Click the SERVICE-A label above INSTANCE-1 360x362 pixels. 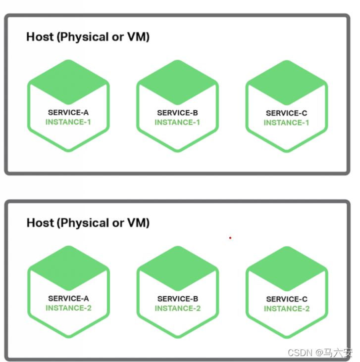point(68,112)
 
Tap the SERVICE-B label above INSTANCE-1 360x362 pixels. point(177,112)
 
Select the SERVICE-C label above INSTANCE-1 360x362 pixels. point(286,113)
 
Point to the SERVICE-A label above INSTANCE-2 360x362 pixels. point(68,298)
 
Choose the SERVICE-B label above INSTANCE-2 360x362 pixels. point(177,299)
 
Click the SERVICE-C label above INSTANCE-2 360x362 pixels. point(287,299)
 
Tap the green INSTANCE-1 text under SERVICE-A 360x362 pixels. point(68,122)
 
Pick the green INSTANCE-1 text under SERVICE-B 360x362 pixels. point(177,122)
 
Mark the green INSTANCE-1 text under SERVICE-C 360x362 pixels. point(286,122)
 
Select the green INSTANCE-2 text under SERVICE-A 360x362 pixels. point(68,308)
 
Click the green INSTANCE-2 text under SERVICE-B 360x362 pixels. point(177,308)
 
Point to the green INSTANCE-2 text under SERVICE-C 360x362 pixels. point(287,308)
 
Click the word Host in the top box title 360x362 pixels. point(40,37)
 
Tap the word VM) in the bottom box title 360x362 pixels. point(138,223)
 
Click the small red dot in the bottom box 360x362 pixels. point(230,238)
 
